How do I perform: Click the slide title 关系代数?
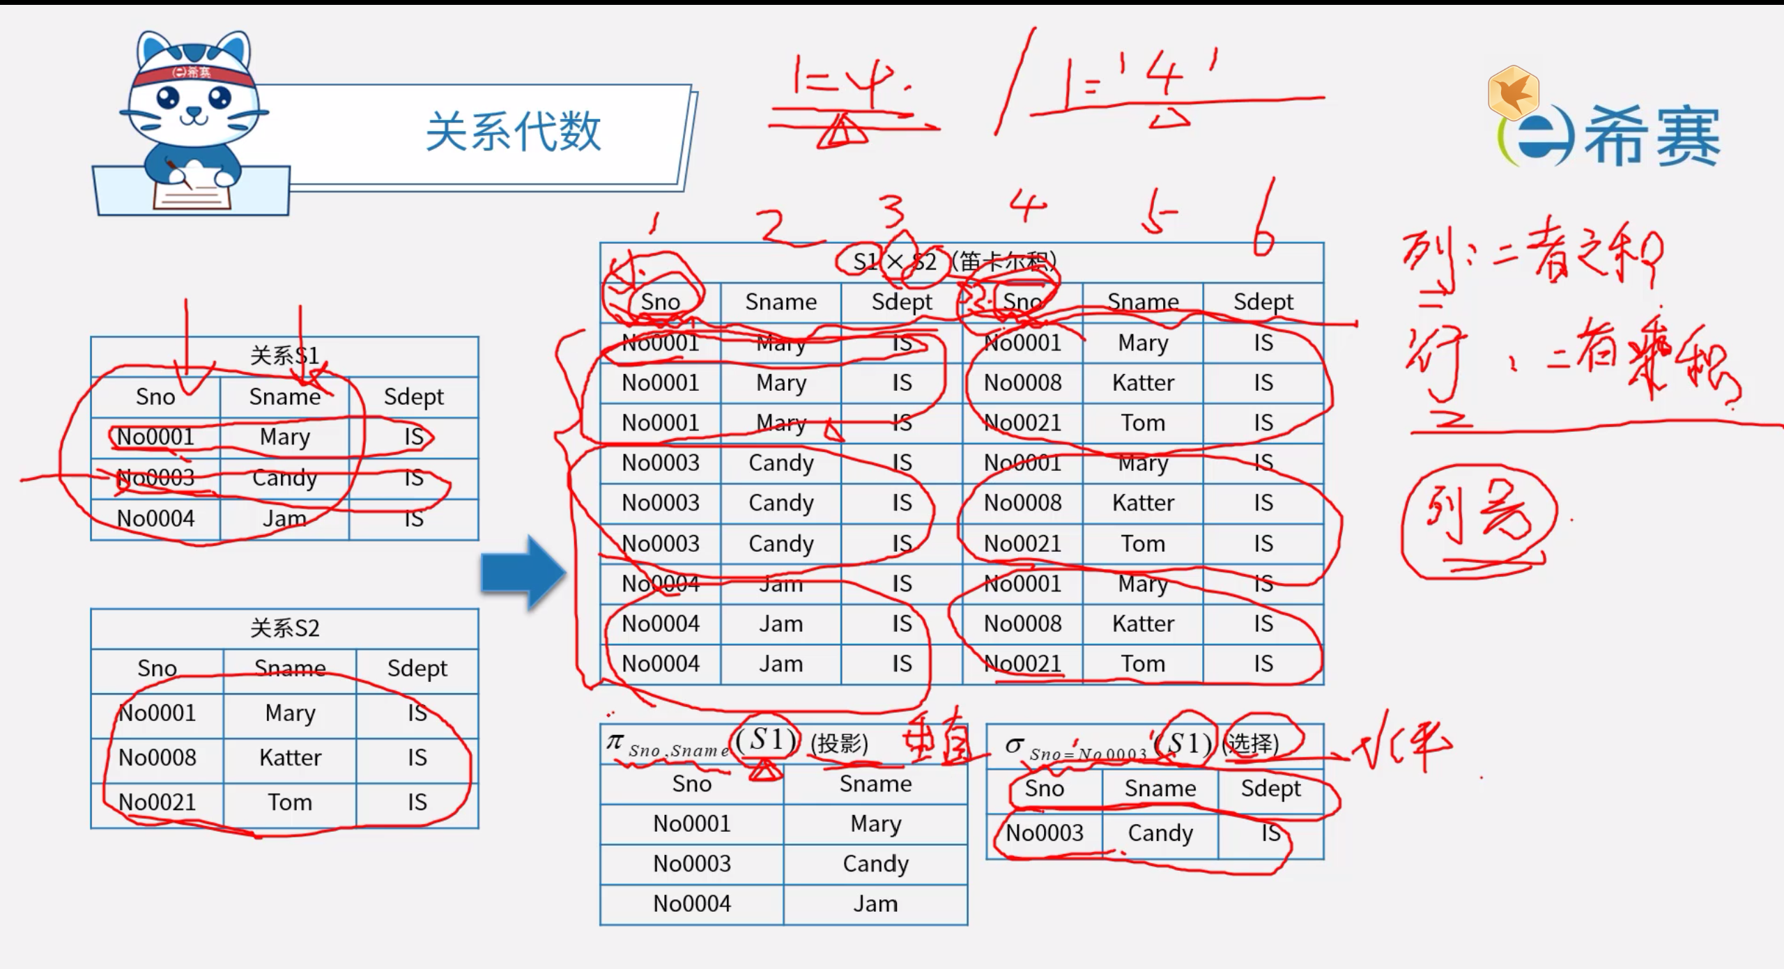(513, 132)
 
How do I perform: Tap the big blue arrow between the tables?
(523, 573)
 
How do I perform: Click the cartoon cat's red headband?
(193, 73)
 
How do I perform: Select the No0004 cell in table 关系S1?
(155, 519)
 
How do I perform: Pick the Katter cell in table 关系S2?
(290, 758)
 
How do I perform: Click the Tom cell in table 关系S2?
(290, 803)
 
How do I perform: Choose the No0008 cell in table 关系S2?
(157, 758)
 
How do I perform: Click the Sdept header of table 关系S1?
(413, 397)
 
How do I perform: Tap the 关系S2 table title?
(284, 628)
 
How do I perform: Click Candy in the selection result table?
(1160, 833)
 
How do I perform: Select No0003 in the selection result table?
(1045, 833)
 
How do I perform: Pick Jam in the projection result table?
(875, 904)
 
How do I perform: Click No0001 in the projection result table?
(692, 824)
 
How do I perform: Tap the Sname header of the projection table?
(875, 784)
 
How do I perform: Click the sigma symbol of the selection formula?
(1013, 745)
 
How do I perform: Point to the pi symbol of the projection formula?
(614, 741)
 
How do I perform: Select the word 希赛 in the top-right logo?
(1652, 137)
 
